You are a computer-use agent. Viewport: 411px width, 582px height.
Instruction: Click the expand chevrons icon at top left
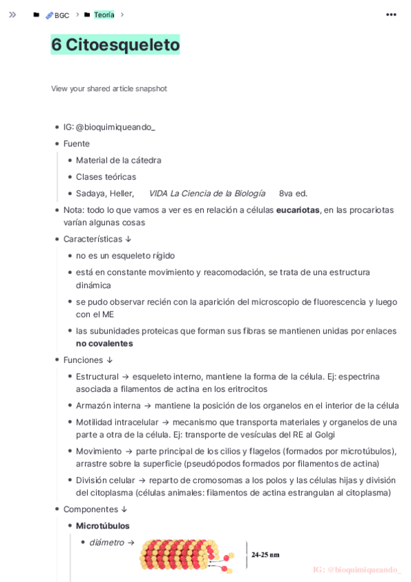tap(12, 14)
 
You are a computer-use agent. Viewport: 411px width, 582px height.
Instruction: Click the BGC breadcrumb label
tap(62, 15)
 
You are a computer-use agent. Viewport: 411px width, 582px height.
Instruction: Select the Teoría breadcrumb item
tap(104, 14)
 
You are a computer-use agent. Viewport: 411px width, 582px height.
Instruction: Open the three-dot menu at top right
tap(391, 14)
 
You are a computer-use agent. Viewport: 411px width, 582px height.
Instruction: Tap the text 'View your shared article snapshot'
tap(109, 89)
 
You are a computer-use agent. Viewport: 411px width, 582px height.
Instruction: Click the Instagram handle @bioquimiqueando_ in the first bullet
tap(115, 127)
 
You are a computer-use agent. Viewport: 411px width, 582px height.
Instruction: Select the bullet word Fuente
tap(77, 143)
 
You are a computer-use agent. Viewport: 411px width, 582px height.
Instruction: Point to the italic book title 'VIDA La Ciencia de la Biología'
tap(207, 194)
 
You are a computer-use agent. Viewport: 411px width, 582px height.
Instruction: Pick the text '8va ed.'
tap(293, 194)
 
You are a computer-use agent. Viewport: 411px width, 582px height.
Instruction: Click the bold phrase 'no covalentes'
tap(104, 343)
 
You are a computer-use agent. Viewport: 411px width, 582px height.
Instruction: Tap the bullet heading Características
tap(93, 239)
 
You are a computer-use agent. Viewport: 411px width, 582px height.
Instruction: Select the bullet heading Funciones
tap(83, 360)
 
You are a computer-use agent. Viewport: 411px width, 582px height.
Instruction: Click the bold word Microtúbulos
tap(103, 526)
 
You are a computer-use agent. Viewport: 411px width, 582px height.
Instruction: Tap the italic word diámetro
tap(106, 542)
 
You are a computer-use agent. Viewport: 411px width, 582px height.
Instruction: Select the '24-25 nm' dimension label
tap(265, 555)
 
